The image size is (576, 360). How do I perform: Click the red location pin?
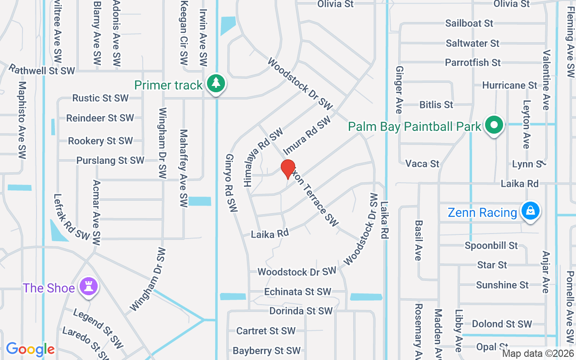pyautogui.click(x=288, y=169)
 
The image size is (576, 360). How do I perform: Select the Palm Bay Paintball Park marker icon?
pyautogui.click(x=495, y=126)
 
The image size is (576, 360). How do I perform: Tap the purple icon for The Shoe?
pyautogui.click(x=88, y=287)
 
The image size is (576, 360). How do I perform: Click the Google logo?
pyautogui.click(x=30, y=349)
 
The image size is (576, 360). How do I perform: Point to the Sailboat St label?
pyautogui.click(x=469, y=23)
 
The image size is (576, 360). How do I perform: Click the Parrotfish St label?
pyautogui.click(x=472, y=63)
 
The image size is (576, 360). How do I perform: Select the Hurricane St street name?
pyautogui.click(x=509, y=85)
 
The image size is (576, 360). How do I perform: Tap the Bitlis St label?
pyautogui.click(x=436, y=105)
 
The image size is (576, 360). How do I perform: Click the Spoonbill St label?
pyautogui.click(x=491, y=246)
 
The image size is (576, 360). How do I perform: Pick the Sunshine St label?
pyautogui.click(x=502, y=285)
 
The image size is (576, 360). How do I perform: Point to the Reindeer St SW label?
pyautogui.click(x=100, y=118)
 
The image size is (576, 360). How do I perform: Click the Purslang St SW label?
pyautogui.click(x=110, y=160)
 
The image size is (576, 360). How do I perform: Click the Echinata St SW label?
pyautogui.click(x=297, y=292)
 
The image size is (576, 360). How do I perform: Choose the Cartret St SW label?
pyautogui.click(x=266, y=331)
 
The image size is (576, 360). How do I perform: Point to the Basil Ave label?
pyautogui.click(x=418, y=240)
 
